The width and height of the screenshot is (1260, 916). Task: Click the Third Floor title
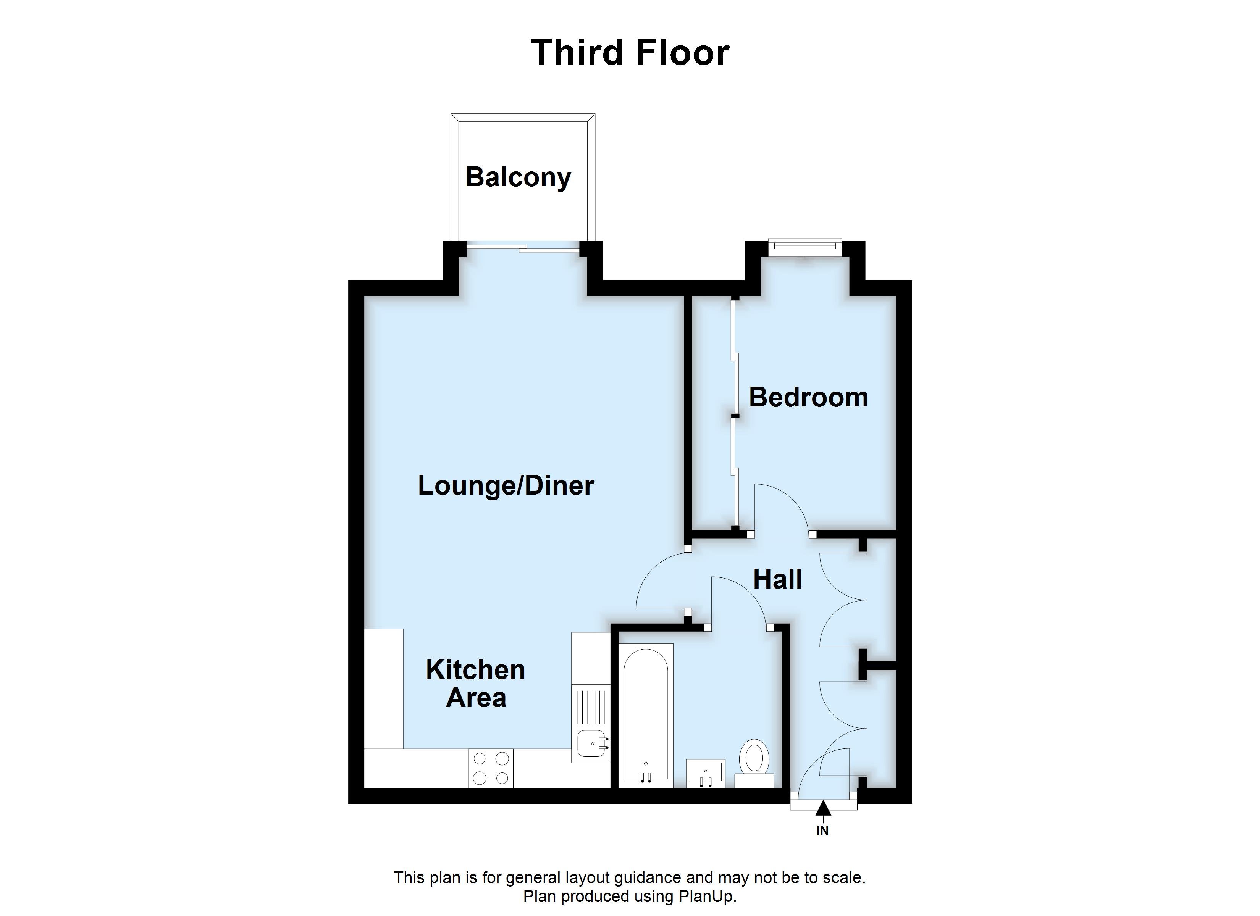(x=630, y=53)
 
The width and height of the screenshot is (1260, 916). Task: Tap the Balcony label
(x=519, y=177)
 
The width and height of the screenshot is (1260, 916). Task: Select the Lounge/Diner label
(x=506, y=485)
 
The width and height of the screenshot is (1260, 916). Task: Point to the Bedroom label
(x=808, y=398)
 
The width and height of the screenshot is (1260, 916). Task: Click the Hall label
(x=777, y=579)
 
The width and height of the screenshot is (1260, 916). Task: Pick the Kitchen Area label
(x=476, y=684)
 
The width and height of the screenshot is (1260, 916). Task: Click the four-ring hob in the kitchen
(x=491, y=768)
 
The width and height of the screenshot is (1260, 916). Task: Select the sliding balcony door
(x=523, y=249)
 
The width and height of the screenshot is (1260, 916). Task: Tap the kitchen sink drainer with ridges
(x=591, y=705)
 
